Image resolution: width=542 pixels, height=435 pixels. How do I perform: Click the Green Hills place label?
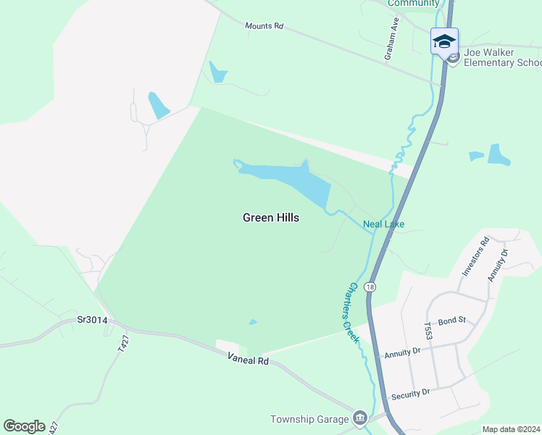pos(270,217)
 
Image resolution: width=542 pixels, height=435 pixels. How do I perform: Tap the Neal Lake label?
pos(383,225)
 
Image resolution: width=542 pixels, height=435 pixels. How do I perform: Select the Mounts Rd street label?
pos(263,25)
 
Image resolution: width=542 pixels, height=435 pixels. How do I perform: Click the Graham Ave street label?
pos(392,46)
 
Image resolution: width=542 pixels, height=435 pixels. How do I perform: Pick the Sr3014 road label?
pos(93,320)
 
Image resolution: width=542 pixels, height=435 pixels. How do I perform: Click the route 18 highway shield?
pos(371,287)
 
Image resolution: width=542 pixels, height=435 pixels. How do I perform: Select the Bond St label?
pos(451,319)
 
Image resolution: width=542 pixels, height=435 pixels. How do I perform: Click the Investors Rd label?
pos(475,255)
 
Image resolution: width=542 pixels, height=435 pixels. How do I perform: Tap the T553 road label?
pos(428,332)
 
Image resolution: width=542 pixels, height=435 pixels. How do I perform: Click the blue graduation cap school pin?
pos(443,40)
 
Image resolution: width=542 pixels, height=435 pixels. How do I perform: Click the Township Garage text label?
pos(310,419)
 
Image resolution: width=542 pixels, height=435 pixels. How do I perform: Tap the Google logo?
pos(24,426)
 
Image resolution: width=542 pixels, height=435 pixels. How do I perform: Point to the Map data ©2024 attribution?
pos(511,429)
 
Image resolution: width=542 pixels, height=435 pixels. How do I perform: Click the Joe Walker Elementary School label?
pos(502,57)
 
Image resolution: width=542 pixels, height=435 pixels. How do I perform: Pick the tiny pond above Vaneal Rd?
pos(252,322)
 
